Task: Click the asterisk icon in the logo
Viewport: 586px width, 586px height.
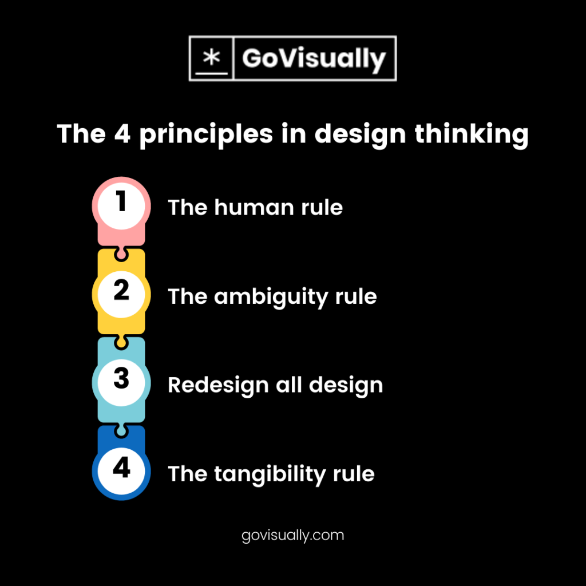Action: [x=211, y=58]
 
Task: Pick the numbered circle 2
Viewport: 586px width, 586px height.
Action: [x=121, y=292]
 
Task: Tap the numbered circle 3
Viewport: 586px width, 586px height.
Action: [x=121, y=380]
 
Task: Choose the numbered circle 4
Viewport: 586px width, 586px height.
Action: [x=121, y=469]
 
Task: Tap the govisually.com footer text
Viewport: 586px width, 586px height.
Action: [x=293, y=536]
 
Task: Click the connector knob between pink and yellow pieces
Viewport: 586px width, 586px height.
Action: [x=121, y=252]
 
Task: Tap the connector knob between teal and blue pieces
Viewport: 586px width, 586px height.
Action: [x=121, y=429]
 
